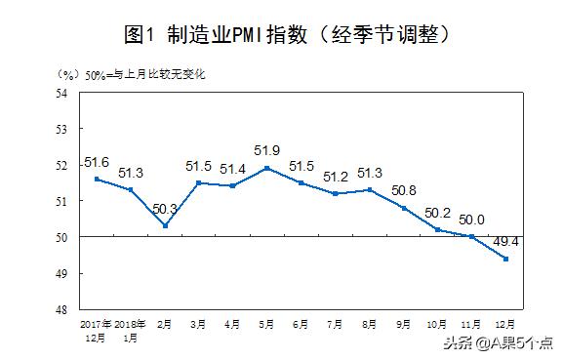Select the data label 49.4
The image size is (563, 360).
pos(504,241)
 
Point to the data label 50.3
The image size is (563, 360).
pos(164,209)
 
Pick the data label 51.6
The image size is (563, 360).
pos(97,162)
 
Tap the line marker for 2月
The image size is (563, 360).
pos(165,226)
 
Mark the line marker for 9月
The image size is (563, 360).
pos(405,208)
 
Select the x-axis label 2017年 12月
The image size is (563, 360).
pos(97,329)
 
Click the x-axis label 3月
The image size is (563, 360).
pos(199,323)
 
